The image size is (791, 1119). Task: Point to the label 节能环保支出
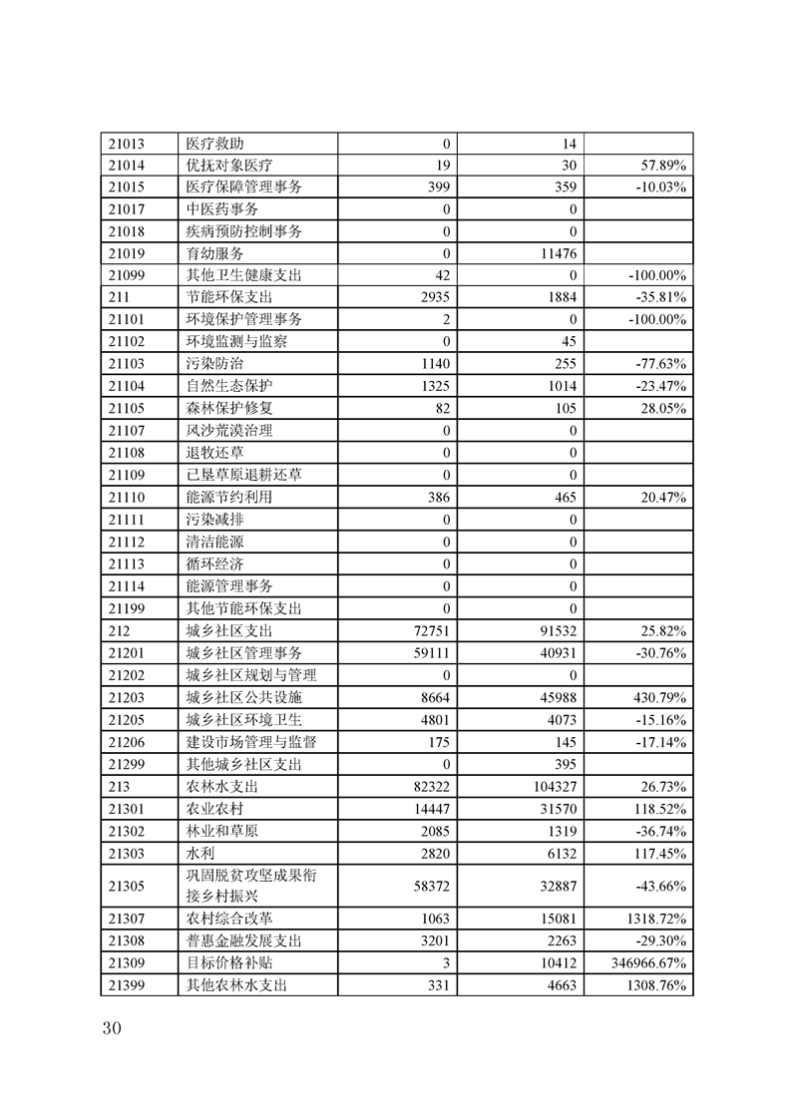[x=229, y=297]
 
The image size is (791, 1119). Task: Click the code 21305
[x=127, y=884]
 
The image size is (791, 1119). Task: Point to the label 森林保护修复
[x=229, y=408]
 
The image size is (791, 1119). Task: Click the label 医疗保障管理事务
[x=244, y=186]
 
